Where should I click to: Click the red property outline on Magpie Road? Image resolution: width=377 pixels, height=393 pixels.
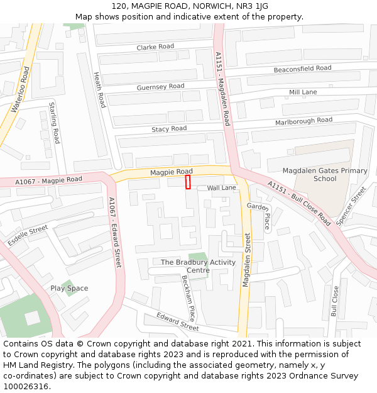coord(188,182)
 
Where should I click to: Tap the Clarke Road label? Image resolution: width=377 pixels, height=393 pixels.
coord(155,47)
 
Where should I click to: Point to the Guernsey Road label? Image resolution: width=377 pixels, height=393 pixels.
coord(160,87)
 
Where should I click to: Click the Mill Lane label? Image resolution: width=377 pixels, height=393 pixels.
coord(303,92)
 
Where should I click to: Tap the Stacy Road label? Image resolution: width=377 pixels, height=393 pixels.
coord(169,129)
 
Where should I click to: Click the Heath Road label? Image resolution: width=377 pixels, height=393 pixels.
coord(99,89)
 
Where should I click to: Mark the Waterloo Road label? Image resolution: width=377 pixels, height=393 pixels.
coord(20,90)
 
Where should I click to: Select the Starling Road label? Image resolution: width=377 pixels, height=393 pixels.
coord(55,122)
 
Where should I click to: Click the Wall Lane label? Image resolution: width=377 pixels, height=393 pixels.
coord(222,188)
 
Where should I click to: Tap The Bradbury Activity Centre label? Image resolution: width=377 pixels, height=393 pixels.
coord(199,266)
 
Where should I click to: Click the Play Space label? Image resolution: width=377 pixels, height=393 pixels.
coord(69,289)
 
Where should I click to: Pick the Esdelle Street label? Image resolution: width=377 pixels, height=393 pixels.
coord(28,235)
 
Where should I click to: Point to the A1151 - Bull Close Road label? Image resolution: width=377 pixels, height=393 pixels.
coord(299,203)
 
